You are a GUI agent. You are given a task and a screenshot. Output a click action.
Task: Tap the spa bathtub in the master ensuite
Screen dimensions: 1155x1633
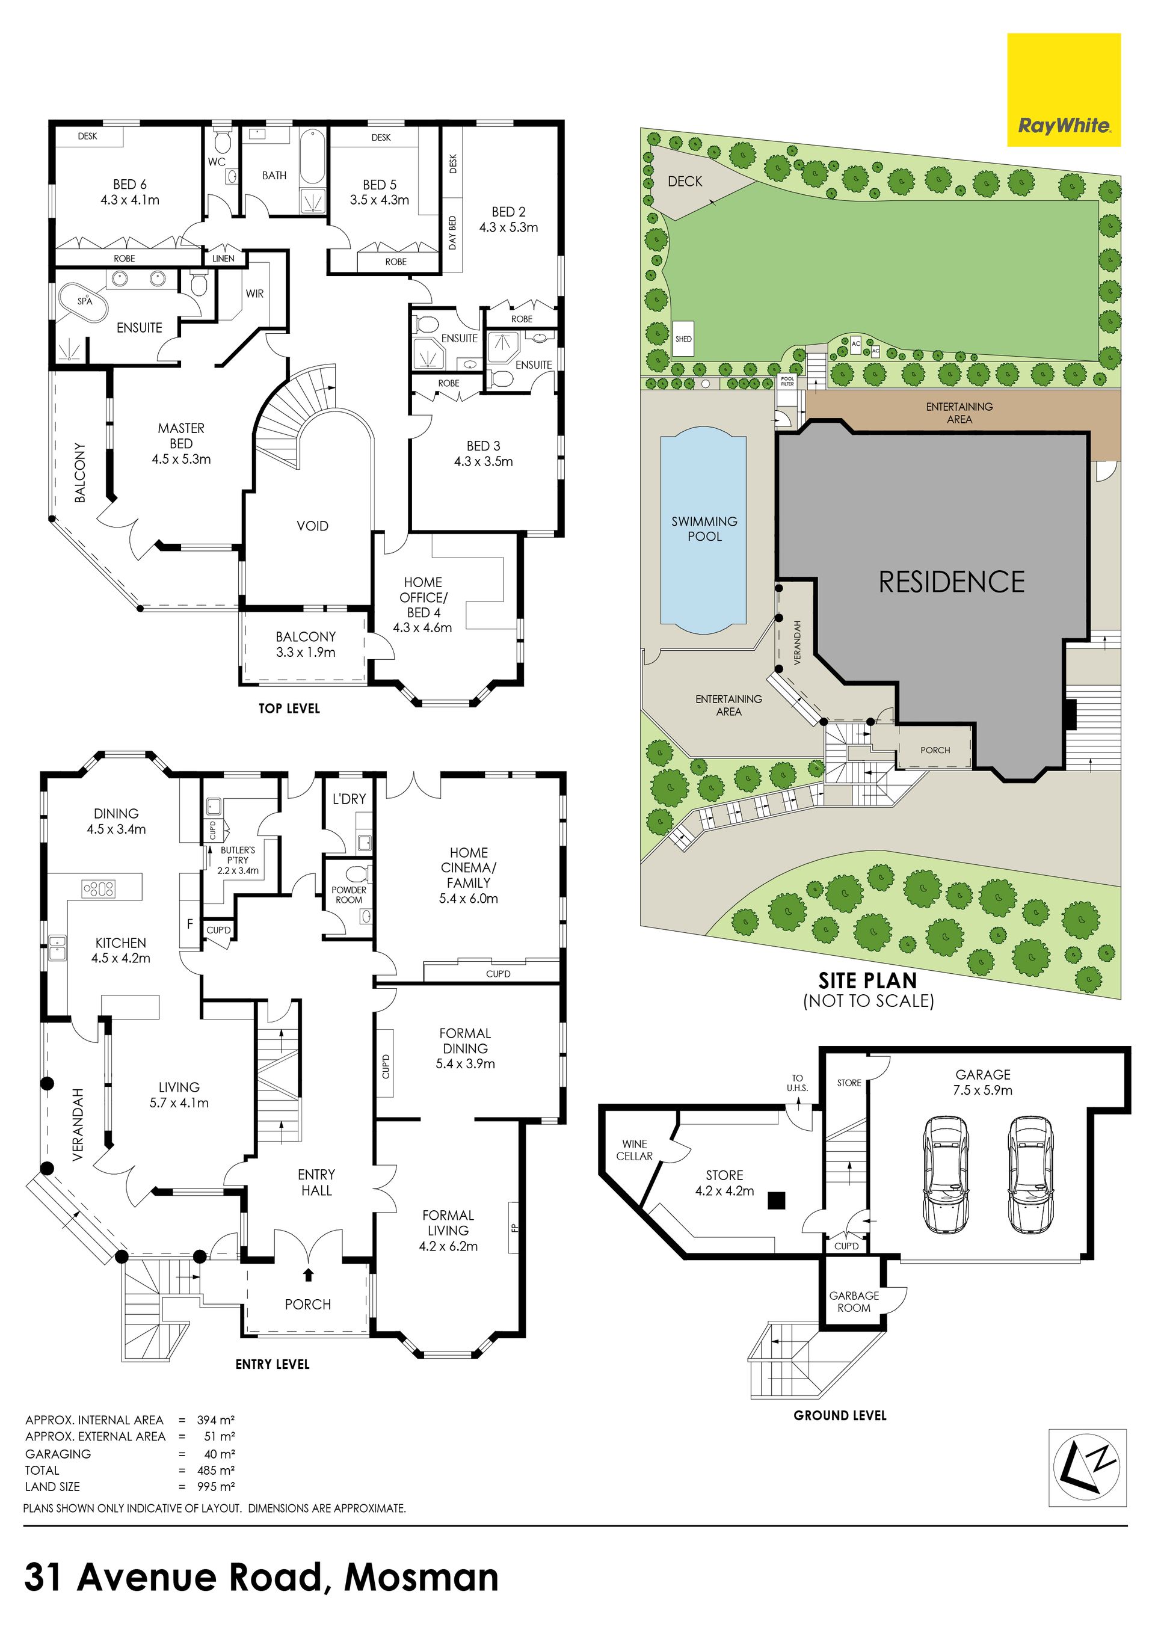(x=85, y=301)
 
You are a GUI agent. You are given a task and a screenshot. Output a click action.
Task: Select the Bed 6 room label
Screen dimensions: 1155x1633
(x=129, y=184)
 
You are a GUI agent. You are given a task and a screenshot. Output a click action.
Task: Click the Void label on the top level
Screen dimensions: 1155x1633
(x=312, y=526)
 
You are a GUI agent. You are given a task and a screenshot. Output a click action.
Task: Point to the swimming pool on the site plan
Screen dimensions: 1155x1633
(x=703, y=529)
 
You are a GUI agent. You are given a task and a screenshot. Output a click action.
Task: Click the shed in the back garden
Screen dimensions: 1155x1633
(x=683, y=339)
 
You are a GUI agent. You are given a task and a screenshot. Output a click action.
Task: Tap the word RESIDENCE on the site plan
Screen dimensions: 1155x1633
(x=952, y=582)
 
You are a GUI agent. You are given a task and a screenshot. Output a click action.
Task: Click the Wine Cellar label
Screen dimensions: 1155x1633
(x=635, y=1150)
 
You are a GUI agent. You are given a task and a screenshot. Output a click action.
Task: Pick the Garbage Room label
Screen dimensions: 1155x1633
(x=854, y=1302)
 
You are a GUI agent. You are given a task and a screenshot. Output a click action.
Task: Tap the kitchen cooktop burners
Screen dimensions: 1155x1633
(x=99, y=888)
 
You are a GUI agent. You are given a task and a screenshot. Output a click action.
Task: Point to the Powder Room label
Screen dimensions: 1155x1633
(x=348, y=895)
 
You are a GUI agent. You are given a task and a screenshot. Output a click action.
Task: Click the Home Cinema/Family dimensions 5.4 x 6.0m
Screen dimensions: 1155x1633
(x=469, y=898)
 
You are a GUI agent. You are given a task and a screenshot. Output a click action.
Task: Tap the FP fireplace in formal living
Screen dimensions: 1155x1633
(x=514, y=1226)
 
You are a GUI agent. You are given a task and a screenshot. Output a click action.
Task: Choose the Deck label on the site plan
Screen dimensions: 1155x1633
(x=685, y=182)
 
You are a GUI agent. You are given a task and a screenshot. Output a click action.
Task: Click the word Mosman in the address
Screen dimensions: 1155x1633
(x=421, y=1577)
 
